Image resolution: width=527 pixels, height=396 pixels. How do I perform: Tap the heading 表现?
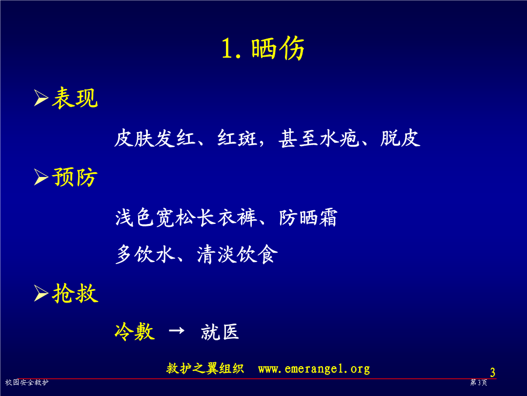(75, 98)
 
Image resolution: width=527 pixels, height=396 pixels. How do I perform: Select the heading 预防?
(75, 177)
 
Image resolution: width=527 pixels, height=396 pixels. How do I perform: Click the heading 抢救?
(75, 293)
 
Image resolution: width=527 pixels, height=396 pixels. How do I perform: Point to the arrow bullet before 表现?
(41, 98)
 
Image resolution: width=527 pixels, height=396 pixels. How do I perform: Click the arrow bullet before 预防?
(41, 177)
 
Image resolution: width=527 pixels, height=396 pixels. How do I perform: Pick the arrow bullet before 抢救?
(41, 293)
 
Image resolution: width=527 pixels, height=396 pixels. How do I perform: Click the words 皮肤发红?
(155, 138)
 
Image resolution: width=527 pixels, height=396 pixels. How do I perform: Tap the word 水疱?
(340, 138)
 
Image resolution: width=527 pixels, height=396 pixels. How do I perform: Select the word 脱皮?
(400, 138)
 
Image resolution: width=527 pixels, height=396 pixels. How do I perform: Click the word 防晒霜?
(308, 218)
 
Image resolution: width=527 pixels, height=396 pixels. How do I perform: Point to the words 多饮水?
(145, 254)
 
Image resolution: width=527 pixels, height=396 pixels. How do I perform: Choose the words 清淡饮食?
(237, 254)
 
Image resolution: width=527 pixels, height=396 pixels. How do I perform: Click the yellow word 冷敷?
(135, 331)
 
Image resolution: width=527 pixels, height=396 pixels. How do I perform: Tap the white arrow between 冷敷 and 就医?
(177, 330)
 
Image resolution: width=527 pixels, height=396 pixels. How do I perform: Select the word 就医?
(220, 331)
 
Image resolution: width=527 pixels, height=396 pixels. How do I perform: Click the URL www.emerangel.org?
(314, 369)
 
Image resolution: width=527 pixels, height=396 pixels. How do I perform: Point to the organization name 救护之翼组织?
(205, 369)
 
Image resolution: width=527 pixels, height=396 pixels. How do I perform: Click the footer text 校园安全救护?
(27, 382)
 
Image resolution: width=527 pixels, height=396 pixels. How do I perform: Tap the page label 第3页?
(479, 382)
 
